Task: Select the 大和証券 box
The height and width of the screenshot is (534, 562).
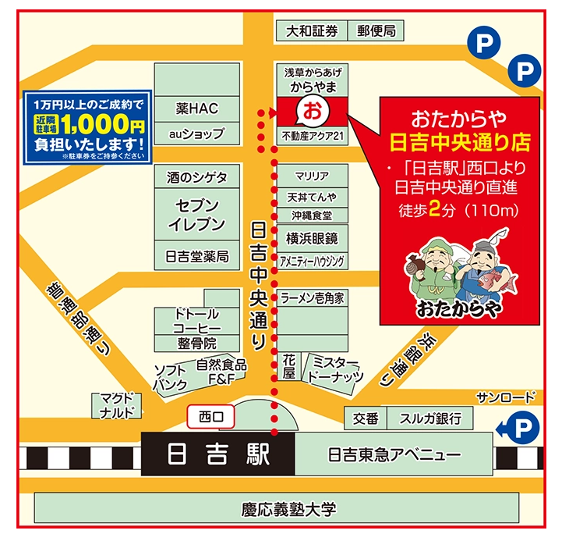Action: click(x=312, y=31)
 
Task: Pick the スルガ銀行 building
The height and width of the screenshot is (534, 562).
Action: click(x=430, y=418)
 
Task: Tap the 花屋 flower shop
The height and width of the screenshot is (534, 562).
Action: click(x=288, y=368)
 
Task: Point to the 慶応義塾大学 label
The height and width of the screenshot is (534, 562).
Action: click(x=288, y=510)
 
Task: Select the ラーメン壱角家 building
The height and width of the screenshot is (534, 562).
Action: click(x=313, y=298)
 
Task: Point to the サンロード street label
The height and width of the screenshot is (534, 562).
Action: click(x=507, y=396)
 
